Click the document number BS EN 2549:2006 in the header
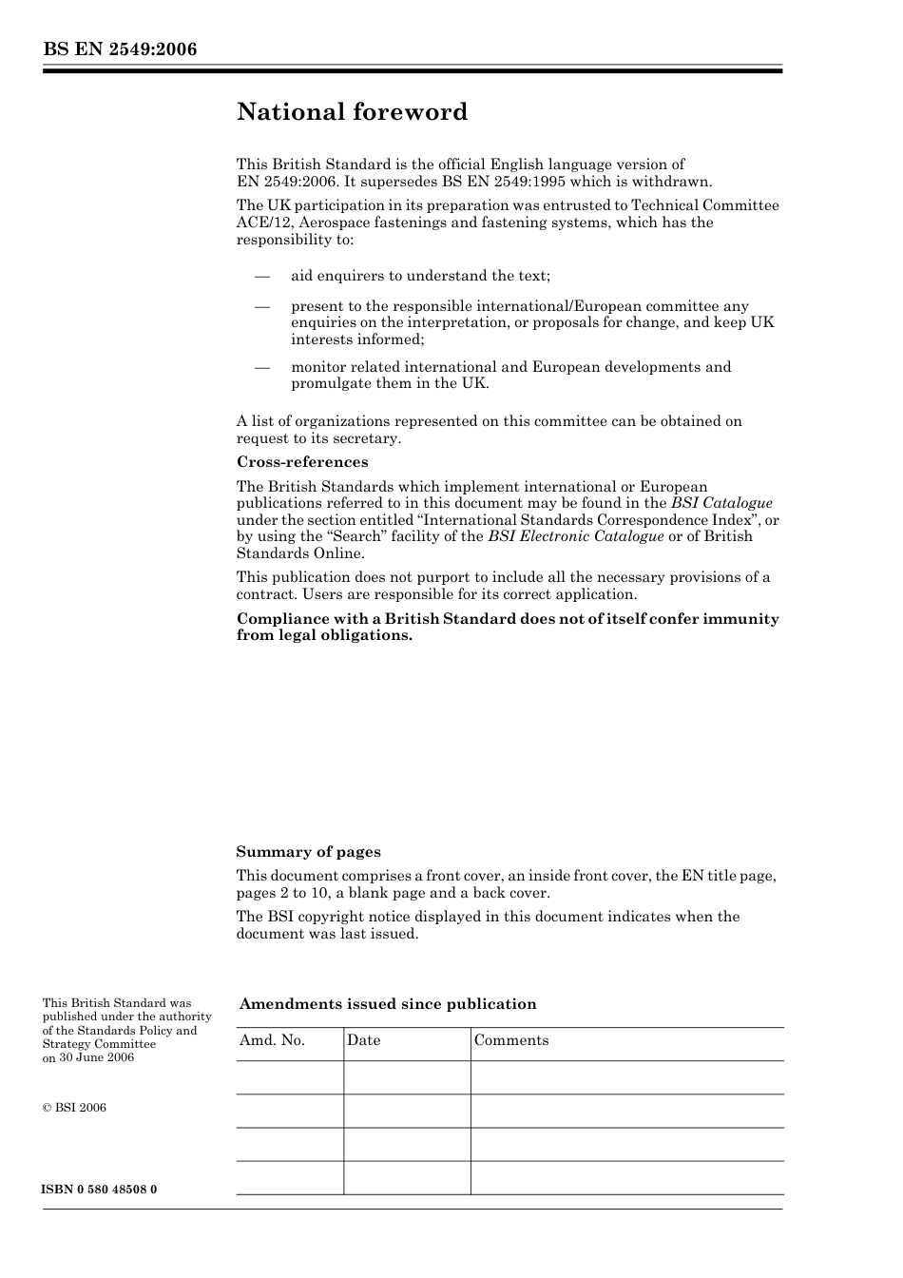pos(120,49)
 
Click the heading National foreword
pos(352,112)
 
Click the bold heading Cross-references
pos(302,462)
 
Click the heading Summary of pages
pos(308,852)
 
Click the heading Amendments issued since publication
pos(388,1004)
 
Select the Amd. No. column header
pos(272,1040)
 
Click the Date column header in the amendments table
pos(363,1040)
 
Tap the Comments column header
pos(511,1040)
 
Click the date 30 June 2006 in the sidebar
pos(96,1057)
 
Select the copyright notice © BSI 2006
pos(74,1108)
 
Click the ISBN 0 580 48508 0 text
pos(100,1190)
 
